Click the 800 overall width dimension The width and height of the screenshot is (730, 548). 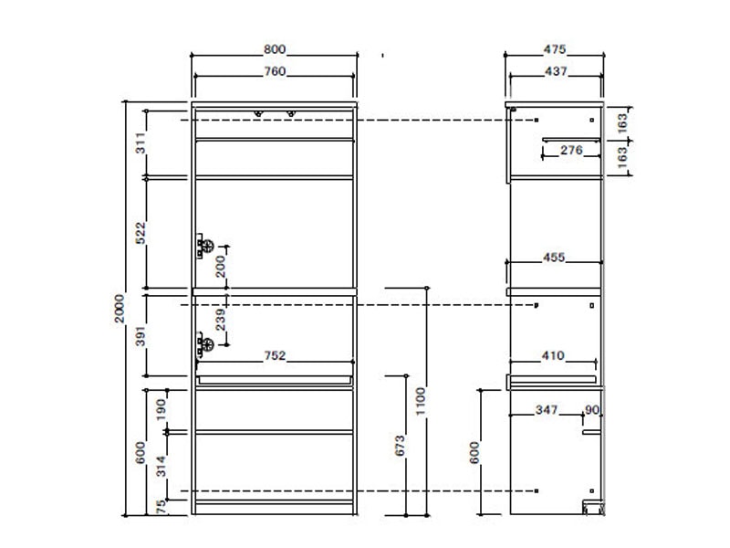click(275, 49)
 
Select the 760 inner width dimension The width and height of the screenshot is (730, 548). click(275, 71)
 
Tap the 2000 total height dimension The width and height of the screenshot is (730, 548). click(120, 308)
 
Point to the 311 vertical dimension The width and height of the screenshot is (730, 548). click(141, 143)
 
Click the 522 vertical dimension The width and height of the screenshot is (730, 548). click(141, 233)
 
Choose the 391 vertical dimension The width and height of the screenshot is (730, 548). click(141, 336)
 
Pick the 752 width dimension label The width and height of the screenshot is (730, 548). click(275, 355)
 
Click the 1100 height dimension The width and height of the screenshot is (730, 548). click(421, 401)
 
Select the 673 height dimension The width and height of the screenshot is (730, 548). click(400, 446)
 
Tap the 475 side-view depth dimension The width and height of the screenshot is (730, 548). click(555, 49)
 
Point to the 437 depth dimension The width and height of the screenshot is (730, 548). click(556, 71)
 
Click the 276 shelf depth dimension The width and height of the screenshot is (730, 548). click(571, 150)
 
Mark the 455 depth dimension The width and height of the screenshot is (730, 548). click(554, 258)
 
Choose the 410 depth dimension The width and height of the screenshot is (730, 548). click(553, 355)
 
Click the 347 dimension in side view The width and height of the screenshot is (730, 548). click(547, 409)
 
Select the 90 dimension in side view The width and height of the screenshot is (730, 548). click(592, 409)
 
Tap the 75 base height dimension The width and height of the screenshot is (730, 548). click(161, 506)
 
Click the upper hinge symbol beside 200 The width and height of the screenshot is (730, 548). click(204, 246)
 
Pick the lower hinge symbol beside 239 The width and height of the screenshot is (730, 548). click(204, 345)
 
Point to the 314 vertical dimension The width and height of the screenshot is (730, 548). click(161, 466)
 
